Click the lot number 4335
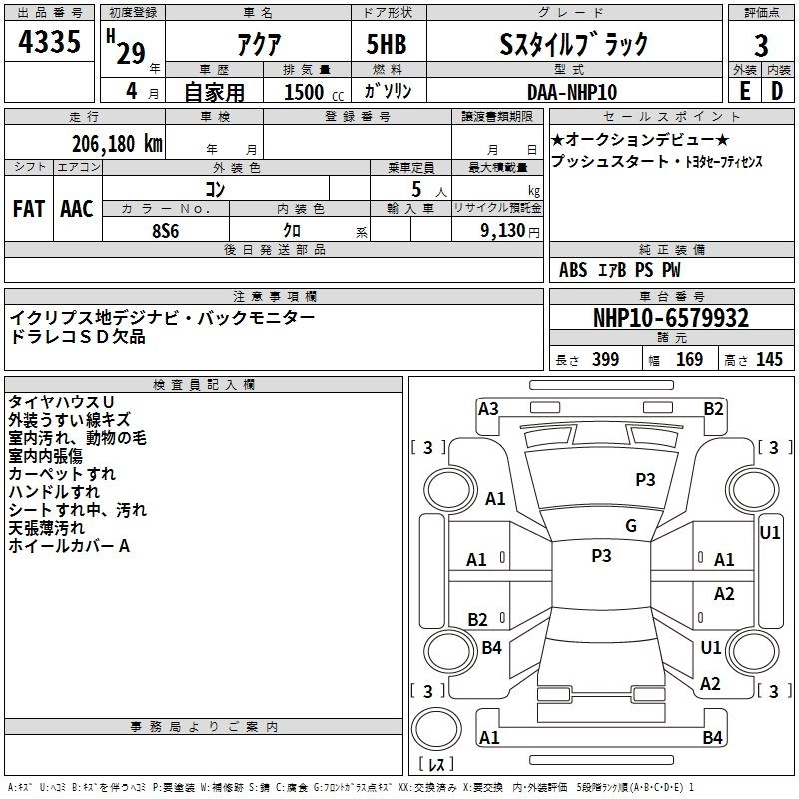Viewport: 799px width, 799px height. coord(50,43)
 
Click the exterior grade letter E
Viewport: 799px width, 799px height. coord(744,91)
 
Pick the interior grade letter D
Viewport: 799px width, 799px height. coord(777,91)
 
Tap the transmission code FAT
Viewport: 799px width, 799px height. coord(29,208)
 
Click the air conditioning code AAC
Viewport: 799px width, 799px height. coord(76,208)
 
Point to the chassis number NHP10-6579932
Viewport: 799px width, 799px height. coord(671,318)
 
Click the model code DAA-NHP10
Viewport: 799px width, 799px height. coord(572,91)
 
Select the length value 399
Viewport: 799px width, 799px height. coord(605,360)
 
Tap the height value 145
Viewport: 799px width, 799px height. coord(769,360)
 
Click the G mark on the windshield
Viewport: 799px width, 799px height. coord(631,526)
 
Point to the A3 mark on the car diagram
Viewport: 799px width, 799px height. coord(488,408)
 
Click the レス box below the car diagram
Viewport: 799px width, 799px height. coord(435,766)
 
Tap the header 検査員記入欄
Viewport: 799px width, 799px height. coord(204,385)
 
